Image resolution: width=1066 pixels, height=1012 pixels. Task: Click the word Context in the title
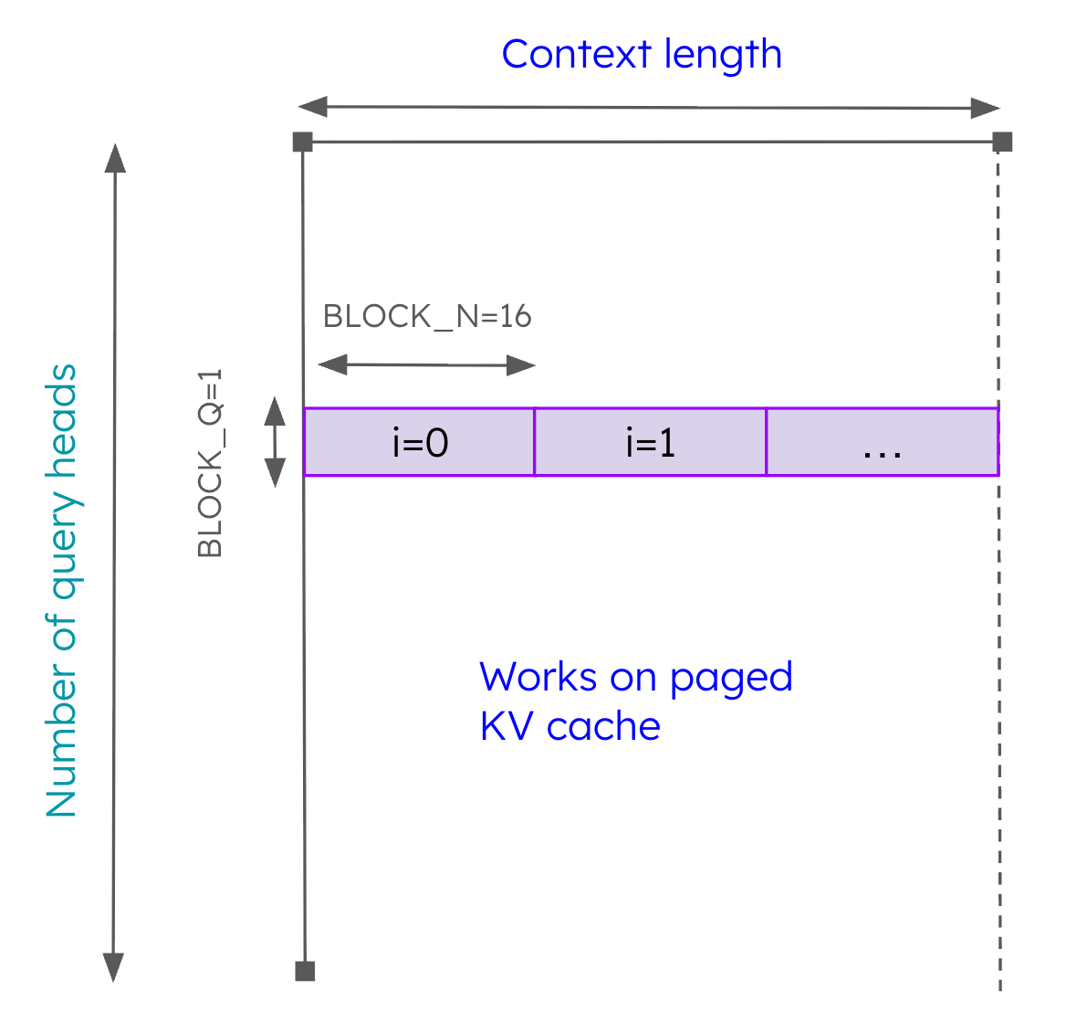[578, 54]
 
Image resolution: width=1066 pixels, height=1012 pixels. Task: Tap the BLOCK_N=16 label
[427, 316]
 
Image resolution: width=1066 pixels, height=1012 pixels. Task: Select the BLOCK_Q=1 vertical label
[210, 463]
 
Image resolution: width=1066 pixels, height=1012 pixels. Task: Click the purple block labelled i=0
[420, 442]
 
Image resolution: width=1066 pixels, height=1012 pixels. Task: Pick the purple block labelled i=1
[650, 442]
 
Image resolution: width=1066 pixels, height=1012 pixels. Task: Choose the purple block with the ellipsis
[882, 442]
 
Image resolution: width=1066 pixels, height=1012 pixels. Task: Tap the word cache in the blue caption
[603, 726]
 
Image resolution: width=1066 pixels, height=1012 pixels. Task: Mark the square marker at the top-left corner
[303, 142]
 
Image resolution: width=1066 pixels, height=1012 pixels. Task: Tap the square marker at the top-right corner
[1002, 142]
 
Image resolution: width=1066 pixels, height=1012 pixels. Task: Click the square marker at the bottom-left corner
[305, 971]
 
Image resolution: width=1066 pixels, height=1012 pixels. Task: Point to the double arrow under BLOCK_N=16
[426, 365]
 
